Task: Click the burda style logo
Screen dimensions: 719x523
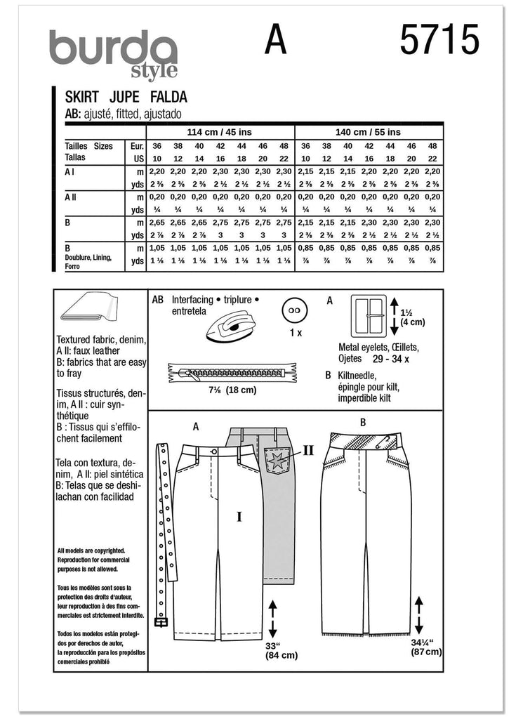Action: click(x=112, y=53)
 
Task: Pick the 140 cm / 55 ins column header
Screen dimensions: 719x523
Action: click(x=369, y=131)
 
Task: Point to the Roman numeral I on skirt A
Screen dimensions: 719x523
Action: click(x=239, y=517)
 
